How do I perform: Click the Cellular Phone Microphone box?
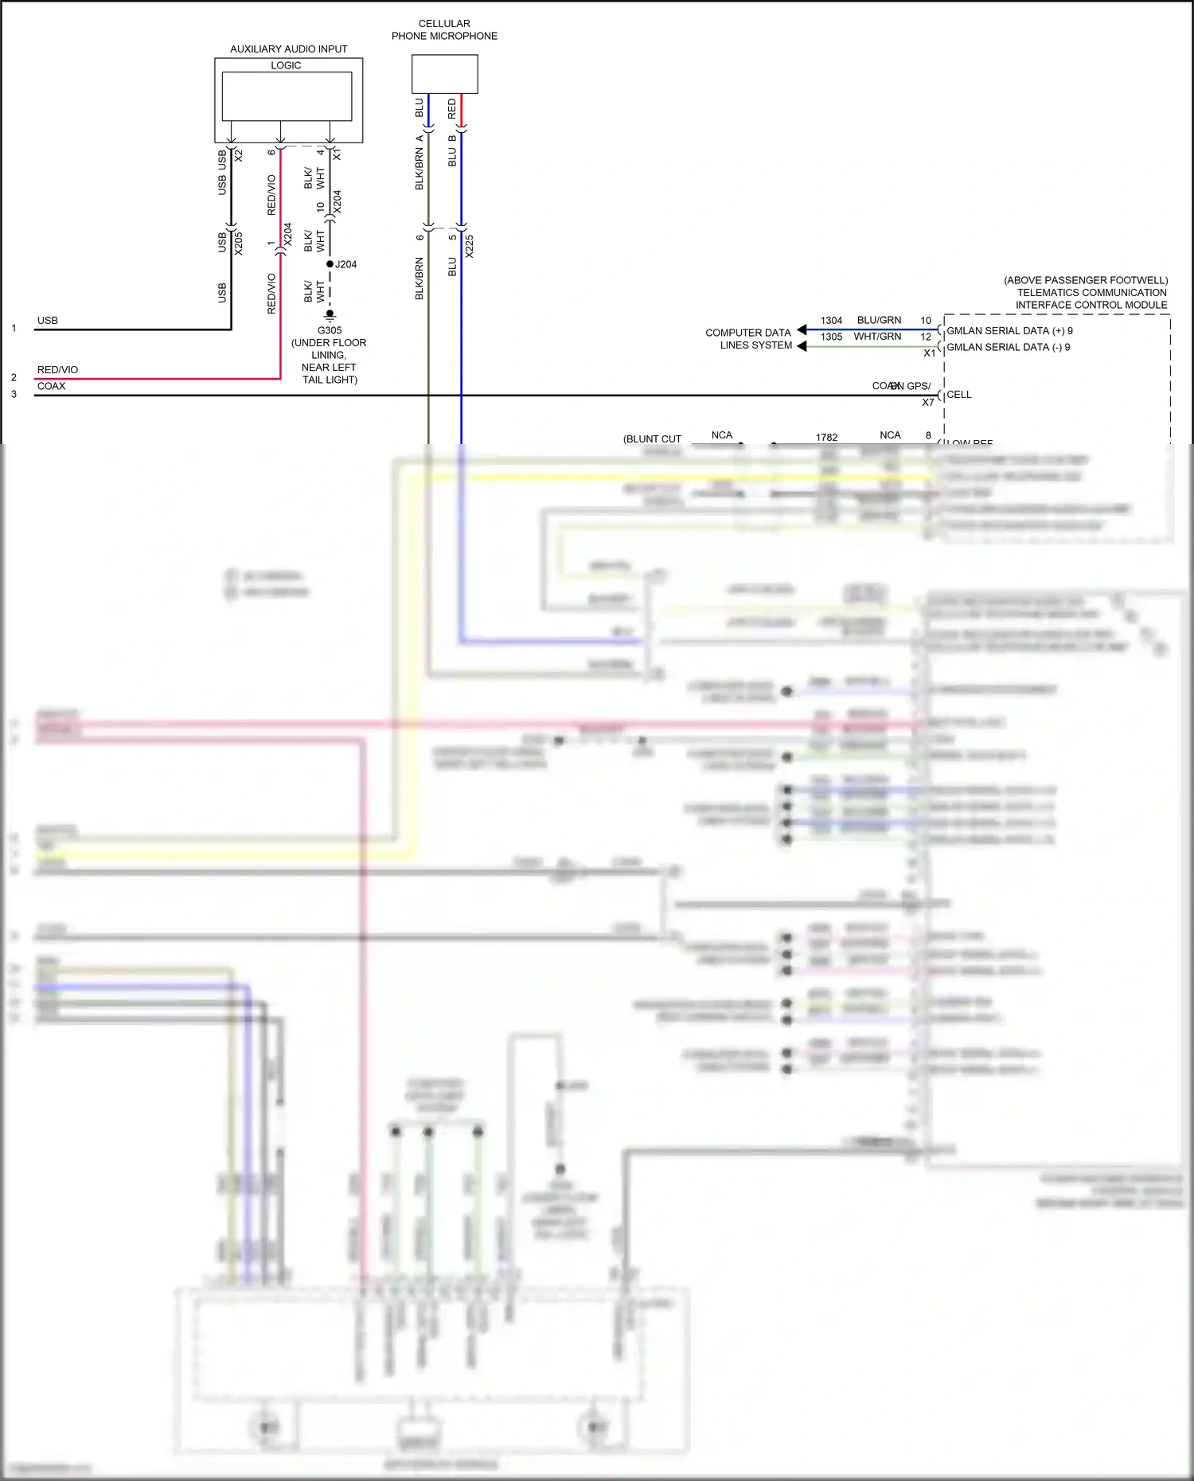coord(444,74)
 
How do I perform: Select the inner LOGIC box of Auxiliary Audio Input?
coord(287,96)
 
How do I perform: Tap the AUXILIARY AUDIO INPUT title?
coord(288,49)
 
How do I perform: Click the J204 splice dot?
coord(330,264)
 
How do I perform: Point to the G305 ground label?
coord(330,330)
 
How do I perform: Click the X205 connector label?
coord(239,243)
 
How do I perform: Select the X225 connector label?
coord(470,246)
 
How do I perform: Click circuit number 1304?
coord(831,321)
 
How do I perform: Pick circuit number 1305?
coord(831,337)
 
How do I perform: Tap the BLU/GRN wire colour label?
coord(879,320)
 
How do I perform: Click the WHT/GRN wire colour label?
coord(877,337)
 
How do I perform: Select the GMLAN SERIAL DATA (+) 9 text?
coord(1009,331)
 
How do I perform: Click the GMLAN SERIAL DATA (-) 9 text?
coord(1008,347)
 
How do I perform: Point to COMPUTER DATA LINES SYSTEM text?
coord(748,339)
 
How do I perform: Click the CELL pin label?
coord(958,395)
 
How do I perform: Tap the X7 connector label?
coord(928,403)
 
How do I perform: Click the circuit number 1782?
coord(826,438)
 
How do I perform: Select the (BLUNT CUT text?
coord(652,439)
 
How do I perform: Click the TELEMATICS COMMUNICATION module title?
coord(1091,293)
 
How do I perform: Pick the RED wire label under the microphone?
coord(452,109)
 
